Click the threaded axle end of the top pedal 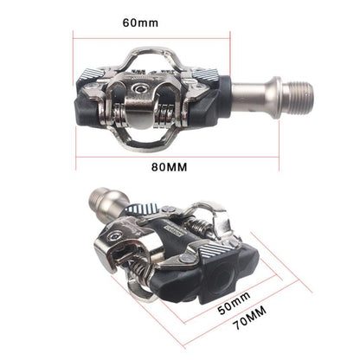coord(294,91)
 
